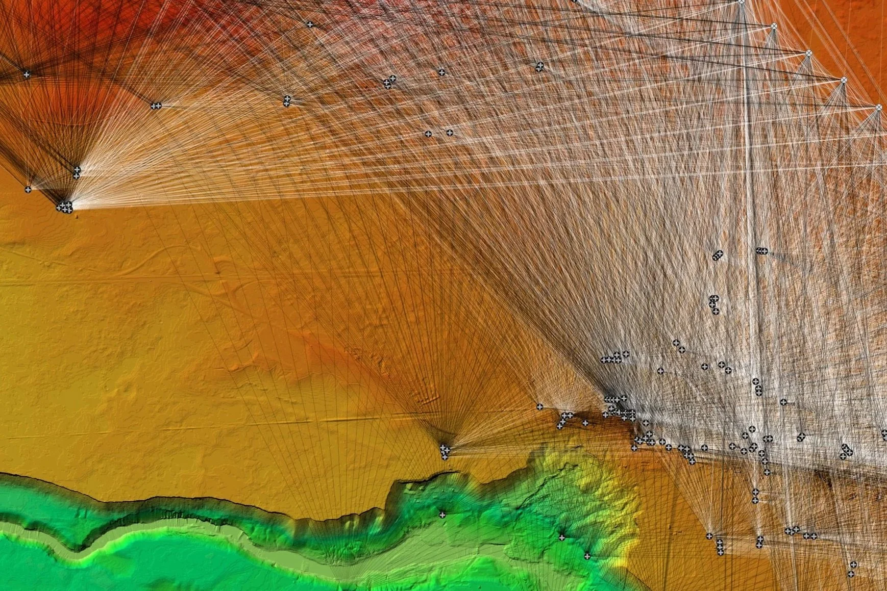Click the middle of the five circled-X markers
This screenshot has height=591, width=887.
(x=809, y=53)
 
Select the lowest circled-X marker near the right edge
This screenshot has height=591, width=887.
(x=879, y=108)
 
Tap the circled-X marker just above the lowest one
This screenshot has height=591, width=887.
(x=844, y=80)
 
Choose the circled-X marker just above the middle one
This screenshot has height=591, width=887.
(x=774, y=25)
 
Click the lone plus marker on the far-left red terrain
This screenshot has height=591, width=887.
(x=27, y=74)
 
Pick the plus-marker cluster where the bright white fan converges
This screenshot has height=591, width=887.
(x=65, y=207)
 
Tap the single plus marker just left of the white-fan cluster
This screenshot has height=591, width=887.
(x=28, y=190)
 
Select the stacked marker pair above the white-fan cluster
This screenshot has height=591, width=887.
(x=77, y=172)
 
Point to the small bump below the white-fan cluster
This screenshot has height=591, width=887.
(x=77, y=216)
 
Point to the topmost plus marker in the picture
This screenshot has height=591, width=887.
(x=309, y=24)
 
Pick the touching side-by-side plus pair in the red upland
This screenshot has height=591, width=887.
(x=156, y=106)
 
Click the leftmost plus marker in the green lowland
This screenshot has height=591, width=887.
(x=442, y=515)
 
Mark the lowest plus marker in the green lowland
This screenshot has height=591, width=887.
(x=587, y=556)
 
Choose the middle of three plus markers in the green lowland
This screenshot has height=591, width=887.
(x=561, y=537)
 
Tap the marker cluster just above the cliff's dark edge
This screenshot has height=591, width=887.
(x=445, y=451)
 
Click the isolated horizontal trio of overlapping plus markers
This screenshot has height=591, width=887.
(x=761, y=251)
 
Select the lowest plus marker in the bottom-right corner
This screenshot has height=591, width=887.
(x=851, y=574)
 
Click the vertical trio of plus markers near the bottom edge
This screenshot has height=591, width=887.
(x=720, y=547)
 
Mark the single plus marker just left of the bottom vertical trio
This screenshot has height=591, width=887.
(x=709, y=536)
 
